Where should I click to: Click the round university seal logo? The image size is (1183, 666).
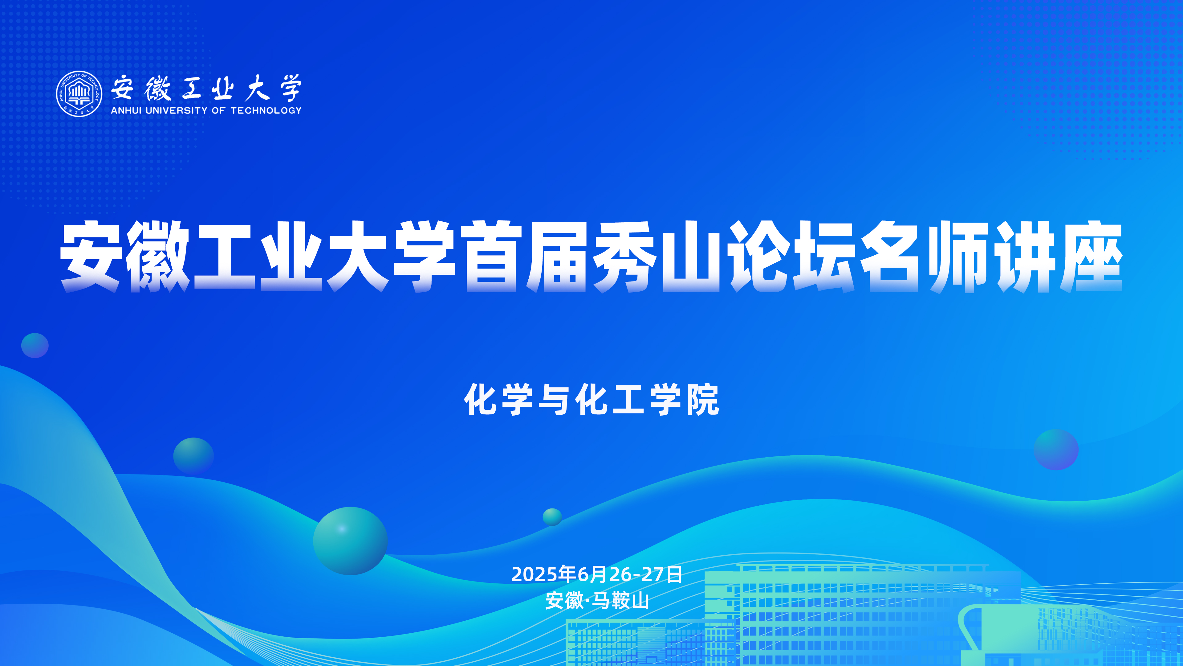(x=79, y=94)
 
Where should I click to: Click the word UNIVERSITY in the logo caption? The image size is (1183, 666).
(x=176, y=111)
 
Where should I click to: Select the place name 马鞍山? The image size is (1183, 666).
(x=620, y=601)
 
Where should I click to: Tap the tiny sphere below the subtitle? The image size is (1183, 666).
(x=552, y=517)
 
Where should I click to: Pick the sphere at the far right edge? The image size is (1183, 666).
(x=1056, y=450)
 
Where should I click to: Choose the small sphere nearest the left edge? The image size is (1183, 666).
(x=35, y=345)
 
